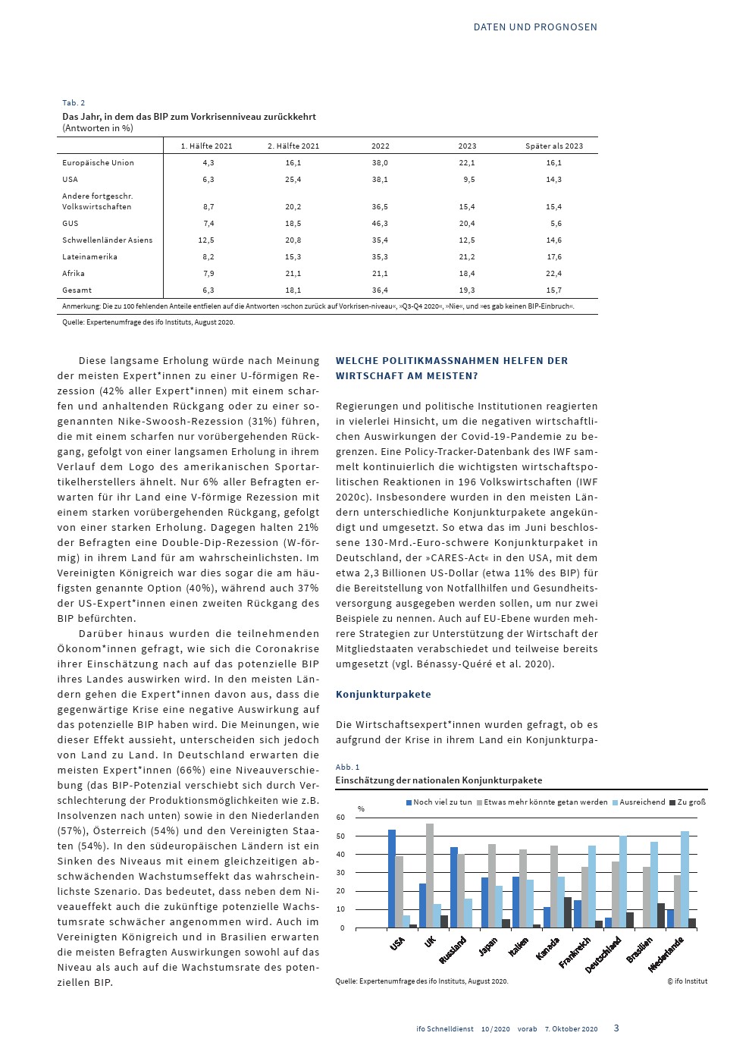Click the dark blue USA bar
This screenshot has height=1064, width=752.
click(392, 879)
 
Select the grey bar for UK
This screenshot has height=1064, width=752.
click(430, 876)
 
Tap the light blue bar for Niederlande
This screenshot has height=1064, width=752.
click(685, 880)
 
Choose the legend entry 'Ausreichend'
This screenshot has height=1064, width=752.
click(642, 802)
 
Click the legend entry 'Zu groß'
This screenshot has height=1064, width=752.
click(691, 802)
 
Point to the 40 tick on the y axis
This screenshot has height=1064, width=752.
click(340, 855)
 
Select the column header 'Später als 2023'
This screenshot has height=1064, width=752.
click(554, 146)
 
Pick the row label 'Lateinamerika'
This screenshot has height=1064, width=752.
click(89, 257)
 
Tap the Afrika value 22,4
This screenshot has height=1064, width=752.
click(554, 274)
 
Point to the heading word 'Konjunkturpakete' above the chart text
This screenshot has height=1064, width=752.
click(384, 695)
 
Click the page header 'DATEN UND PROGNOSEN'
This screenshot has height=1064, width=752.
click(535, 27)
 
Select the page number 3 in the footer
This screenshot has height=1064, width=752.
click(616, 1028)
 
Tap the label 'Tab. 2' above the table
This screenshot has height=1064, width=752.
click(74, 103)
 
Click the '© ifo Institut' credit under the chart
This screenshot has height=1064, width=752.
click(687, 981)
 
